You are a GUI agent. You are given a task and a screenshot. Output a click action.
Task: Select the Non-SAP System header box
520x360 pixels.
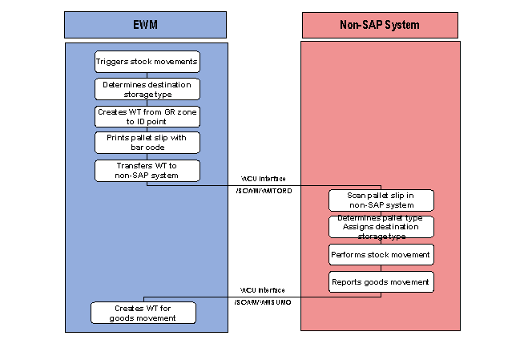[380, 25]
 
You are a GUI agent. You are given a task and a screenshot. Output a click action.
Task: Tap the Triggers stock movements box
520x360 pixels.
[147, 62]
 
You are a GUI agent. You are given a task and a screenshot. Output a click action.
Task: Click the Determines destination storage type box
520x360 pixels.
[147, 89]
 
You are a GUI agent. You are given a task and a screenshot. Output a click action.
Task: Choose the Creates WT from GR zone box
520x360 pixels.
[147, 116]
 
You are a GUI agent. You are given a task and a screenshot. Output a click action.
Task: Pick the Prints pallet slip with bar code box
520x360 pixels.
[147, 143]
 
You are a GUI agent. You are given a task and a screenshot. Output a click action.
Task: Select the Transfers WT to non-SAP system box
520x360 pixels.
[147, 170]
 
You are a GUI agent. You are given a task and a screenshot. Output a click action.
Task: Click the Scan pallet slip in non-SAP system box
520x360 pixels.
[381, 200]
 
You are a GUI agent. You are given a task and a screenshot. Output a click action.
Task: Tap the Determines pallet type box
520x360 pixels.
[381, 227]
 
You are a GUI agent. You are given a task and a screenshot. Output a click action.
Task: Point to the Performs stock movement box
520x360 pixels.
[381, 255]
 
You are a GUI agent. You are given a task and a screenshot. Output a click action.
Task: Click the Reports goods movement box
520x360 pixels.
[381, 281]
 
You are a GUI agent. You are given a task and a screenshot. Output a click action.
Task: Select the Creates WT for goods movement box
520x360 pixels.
[143, 313]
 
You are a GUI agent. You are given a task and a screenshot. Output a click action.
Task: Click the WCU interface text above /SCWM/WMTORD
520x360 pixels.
[264, 179]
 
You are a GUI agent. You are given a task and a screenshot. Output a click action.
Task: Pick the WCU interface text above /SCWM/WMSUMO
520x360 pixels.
[264, 289]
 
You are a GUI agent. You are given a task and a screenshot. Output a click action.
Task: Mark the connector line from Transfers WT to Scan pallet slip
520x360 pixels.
[264, 185]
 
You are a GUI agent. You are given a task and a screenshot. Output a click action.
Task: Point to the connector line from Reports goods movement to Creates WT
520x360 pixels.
[264, 296]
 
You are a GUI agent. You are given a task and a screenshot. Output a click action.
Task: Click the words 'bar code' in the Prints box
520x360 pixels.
[147, 148]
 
